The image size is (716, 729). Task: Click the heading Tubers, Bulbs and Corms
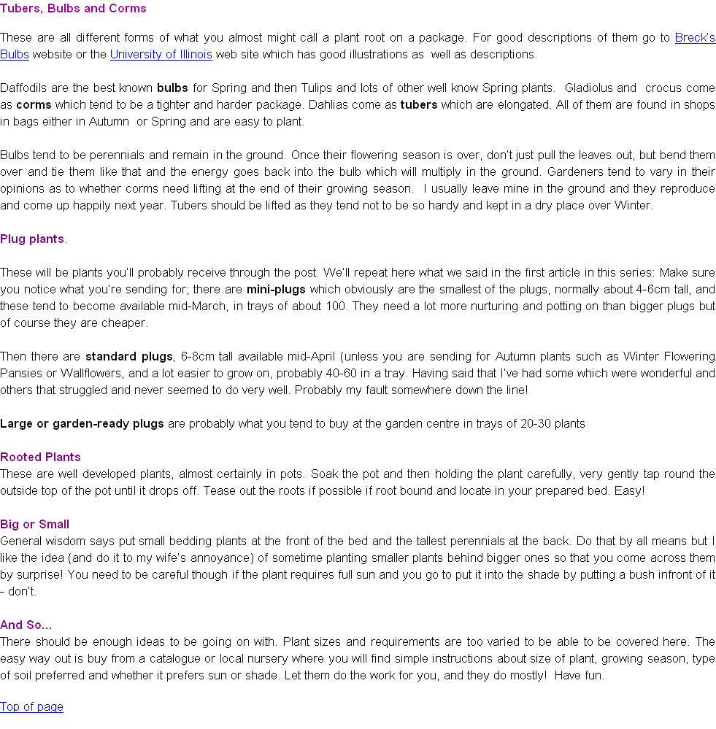(73, 8)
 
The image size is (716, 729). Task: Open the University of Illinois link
(161, 55)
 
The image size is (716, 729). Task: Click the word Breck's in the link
(695, 38)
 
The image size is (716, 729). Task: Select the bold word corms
(34, 104)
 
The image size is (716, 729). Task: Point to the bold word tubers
(419, 104)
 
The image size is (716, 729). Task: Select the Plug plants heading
(32, 239)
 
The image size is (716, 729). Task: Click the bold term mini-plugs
(276, 289)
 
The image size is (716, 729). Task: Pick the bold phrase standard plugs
(129, 357)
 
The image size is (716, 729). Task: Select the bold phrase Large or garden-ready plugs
(82, 423)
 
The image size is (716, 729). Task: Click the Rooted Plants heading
(40, 457)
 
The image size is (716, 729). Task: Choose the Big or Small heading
(34, 524)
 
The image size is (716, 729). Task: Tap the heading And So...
(26, 625)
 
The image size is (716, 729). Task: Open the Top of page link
(31, 706)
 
